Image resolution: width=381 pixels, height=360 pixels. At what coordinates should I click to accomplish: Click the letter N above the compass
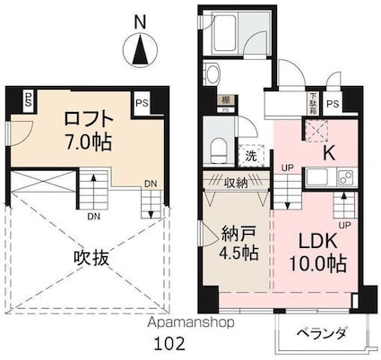[x=139, y=20]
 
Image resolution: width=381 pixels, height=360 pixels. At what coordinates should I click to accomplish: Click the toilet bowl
[x=218, y=146]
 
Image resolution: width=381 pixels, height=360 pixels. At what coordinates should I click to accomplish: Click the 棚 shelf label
[x=228, y=101]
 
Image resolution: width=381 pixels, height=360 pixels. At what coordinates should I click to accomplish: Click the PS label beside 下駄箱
[x=333, y=104]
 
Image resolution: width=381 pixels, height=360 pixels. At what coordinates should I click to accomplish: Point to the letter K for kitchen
[x=329, y=151]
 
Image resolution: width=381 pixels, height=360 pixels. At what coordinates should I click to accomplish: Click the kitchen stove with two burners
[x=342, y=177]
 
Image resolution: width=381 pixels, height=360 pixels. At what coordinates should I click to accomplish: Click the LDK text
[x=308, y=241]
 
